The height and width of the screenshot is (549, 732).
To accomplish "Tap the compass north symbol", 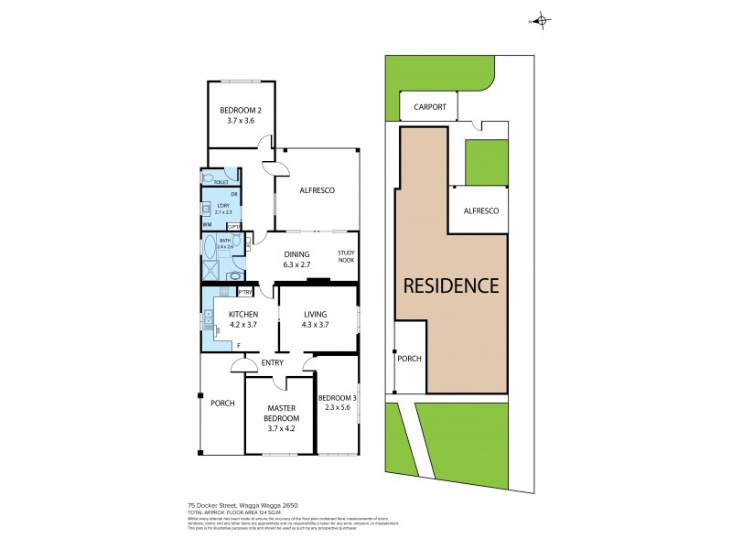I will (x=541, y=21).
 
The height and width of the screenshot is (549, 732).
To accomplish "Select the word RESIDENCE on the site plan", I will (x=451, y=285).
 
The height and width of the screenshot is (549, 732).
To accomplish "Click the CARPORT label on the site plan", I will (x=430, y=107).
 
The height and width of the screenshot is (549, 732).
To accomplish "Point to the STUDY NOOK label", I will (x=346, y=257).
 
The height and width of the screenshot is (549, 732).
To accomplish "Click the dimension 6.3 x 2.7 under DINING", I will (x=296, y=266).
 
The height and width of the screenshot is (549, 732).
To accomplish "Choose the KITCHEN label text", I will (x=232, y=314).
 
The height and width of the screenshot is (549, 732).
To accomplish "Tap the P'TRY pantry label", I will (x=244, y=293).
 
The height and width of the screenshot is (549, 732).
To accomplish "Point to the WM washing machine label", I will (x=207, y=224).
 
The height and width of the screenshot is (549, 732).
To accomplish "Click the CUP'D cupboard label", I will (x=234, y=226).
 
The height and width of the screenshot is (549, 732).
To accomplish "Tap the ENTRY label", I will (x=273, y=363).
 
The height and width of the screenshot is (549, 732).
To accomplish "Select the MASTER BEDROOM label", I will (x=283, y=413).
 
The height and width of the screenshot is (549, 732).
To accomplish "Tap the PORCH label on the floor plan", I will (x=222, y=404).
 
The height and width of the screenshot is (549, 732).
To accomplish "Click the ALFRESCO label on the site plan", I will (x=481, y=211).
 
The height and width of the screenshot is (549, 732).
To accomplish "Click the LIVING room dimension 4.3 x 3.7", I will (x=316, y=325).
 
